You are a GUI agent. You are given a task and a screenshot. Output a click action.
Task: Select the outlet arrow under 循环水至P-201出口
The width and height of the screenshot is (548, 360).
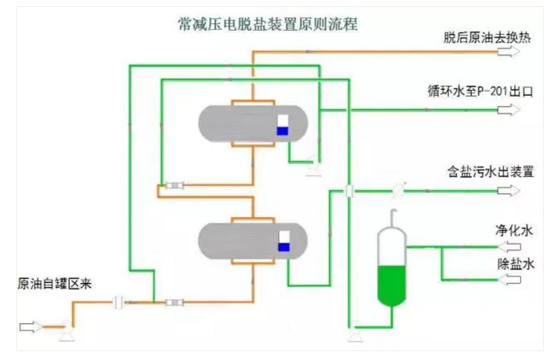pyautogui.click(x=509, y=110)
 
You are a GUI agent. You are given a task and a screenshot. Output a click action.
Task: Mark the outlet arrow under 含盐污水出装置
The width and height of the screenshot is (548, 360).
pyautogui.click(x=509, y=191)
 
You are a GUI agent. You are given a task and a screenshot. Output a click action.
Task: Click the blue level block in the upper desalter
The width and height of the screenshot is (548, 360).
pyautogui.click(x=283, y=131)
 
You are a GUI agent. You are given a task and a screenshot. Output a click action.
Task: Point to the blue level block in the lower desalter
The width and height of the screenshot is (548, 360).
pyautogui.click(x=283, y=246)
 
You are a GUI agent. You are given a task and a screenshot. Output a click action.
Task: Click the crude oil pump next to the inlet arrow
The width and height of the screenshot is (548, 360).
pyautogui.click(x=66, y=330)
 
